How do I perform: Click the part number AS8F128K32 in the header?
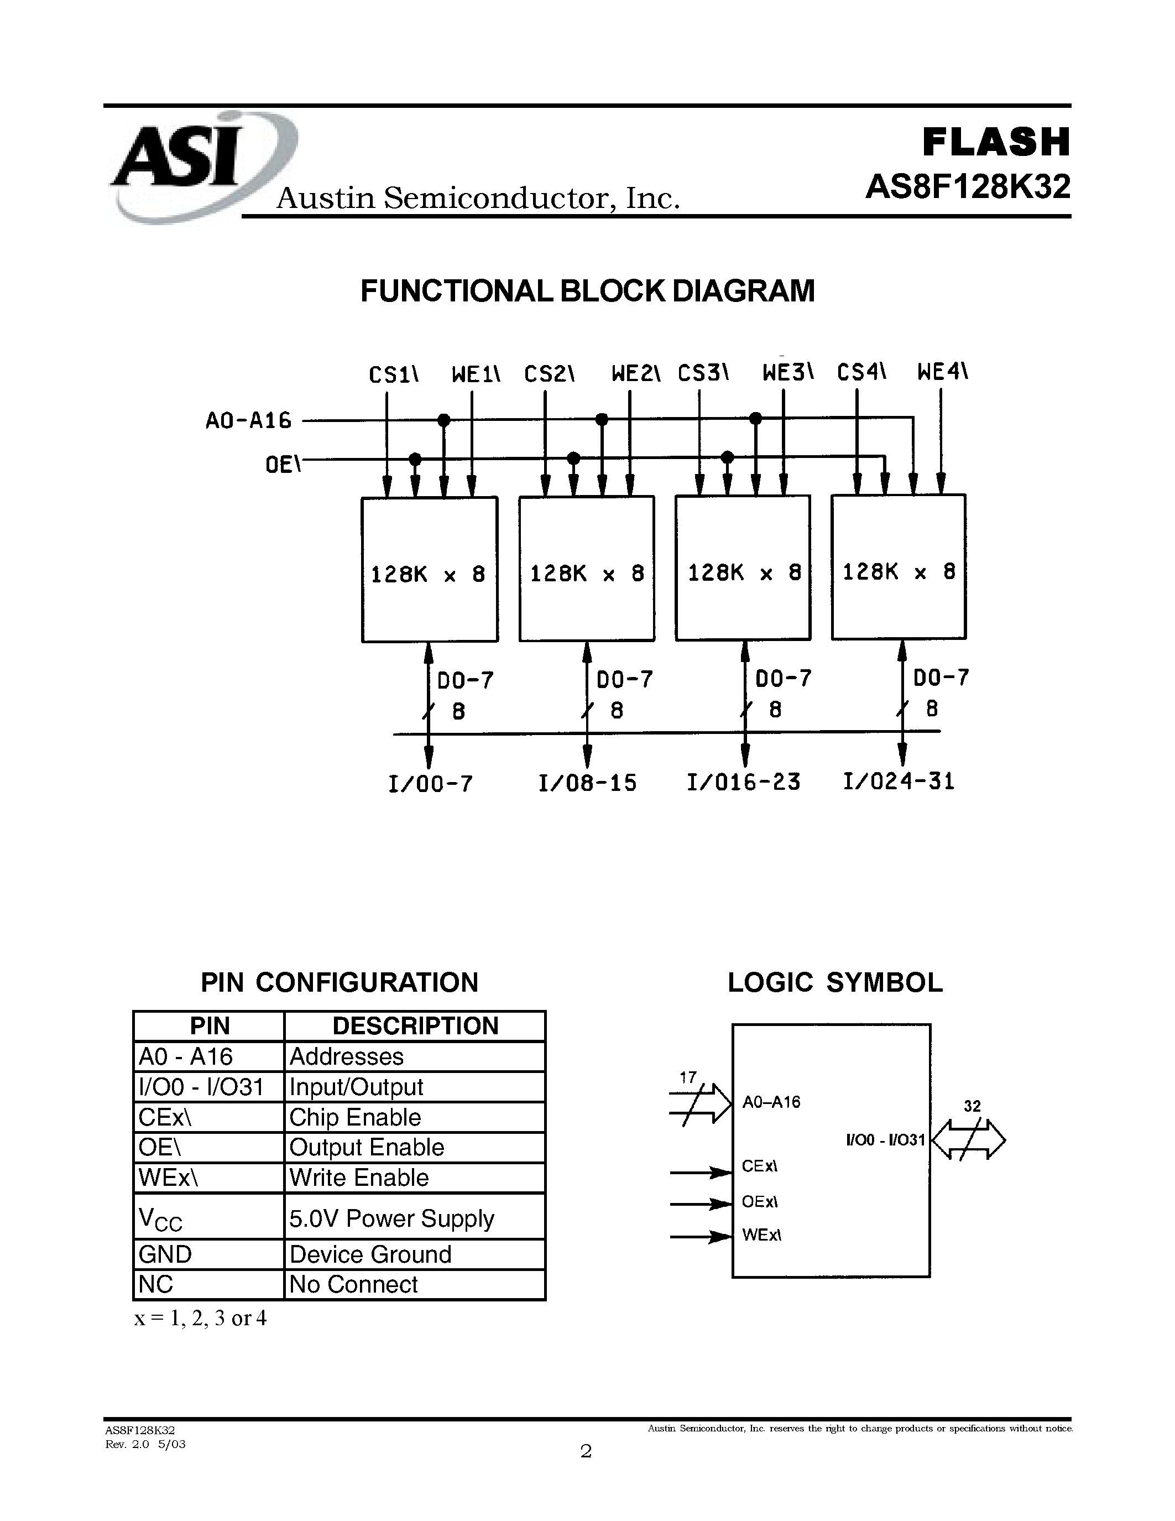(x=968, y=186)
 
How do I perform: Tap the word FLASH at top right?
(x=995, y=142)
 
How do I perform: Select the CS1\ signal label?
(x=394, y=374)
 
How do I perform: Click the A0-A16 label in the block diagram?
(x=248, y=421)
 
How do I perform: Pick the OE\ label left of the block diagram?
(x=283, y=465)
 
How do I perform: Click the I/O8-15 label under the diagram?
(x=587, y=783)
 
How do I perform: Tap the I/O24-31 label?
(x=899, y=782)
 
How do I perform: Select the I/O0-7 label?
(x=430, y=784)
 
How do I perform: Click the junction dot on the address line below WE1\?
(x=443, y=420)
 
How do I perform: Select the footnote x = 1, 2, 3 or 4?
(x=201, y=1319)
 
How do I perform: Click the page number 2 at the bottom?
(x=586, y=1451)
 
